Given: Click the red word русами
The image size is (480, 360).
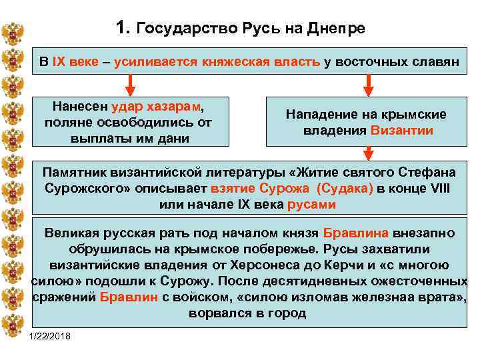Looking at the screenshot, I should (x=311, y=205).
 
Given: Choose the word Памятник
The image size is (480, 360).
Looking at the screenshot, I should (x=75, y=172).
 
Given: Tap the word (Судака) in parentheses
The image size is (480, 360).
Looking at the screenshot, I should (x=341, y=189).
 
